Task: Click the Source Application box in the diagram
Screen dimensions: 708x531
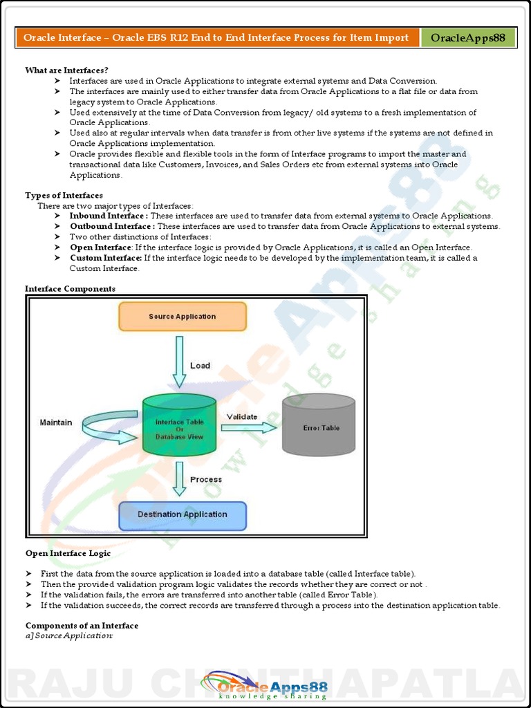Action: click(x=183, y=317)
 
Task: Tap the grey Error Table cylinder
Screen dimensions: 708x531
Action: click(x=319, y=427)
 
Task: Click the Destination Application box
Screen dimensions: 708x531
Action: click(x=183, y=514)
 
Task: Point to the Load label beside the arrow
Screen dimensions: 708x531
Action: click(x=200, y=365)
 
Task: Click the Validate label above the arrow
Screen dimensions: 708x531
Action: click(x=242, y=416)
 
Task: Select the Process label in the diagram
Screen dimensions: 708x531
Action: click(x=206, y=479)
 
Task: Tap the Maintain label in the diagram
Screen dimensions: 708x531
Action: click(x=55, y=422)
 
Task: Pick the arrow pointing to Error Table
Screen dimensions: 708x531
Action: click(x=248, y=429)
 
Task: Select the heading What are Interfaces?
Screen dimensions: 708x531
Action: click(x=66, y=71)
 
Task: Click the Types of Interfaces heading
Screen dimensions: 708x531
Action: click(x=64, y=196)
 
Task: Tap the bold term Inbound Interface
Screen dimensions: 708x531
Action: click(x=108, y=216)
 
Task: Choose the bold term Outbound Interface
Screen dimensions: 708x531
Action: click(x=111, y=227)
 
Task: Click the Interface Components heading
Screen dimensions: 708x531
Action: click(x=70, y=289)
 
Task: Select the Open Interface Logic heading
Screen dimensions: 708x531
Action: click(x=68, y=553)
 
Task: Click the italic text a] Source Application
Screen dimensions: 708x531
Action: click(x=68, y=635)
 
